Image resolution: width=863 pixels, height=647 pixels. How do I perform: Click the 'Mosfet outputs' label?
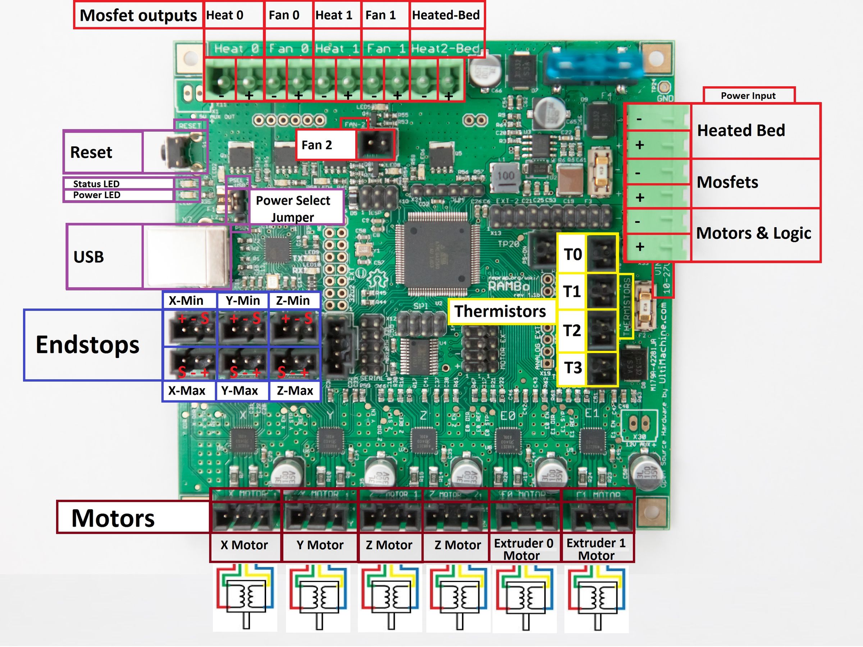coord(138,15)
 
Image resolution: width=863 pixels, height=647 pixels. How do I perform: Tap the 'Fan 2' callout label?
coord(316,145)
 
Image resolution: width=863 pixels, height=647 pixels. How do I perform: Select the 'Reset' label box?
coord(91,152)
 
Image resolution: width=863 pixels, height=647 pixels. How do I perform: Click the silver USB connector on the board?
coord(187,257)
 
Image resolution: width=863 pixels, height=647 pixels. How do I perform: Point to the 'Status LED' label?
coord(96,184)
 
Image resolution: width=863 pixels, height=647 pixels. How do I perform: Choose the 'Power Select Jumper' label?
coord(293,208)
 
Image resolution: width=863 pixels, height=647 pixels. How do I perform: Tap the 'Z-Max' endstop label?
coord(295,390)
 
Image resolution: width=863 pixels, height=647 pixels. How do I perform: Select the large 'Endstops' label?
coord(87,345)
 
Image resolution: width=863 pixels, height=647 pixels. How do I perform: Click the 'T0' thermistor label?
coord(573,254)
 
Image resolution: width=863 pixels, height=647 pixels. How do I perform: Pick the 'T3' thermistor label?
coord(573,368)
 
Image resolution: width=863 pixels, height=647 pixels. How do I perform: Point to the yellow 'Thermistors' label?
coord(500,311)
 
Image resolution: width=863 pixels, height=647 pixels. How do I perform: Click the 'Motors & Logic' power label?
coord(754,233)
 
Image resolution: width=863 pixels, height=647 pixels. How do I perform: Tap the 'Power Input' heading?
coord(748,96)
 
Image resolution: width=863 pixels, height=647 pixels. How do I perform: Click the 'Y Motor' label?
coord(320,545)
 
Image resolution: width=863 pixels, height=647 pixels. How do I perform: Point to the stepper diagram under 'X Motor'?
coord(245,597)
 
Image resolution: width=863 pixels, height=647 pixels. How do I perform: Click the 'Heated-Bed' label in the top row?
coord(446,15)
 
